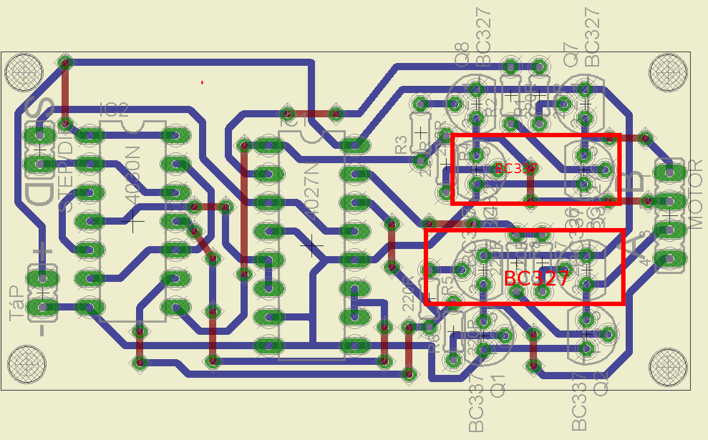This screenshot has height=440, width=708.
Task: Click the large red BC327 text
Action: pyautogui.click(x=536, y=278)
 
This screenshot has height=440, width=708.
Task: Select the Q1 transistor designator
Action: pyautogui.click(x=499, y=385)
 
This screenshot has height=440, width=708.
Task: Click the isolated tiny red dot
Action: pyautogui.click(x=202, y=82)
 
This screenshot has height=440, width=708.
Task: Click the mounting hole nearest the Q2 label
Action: pyautogui.click(x=668, y=365)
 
